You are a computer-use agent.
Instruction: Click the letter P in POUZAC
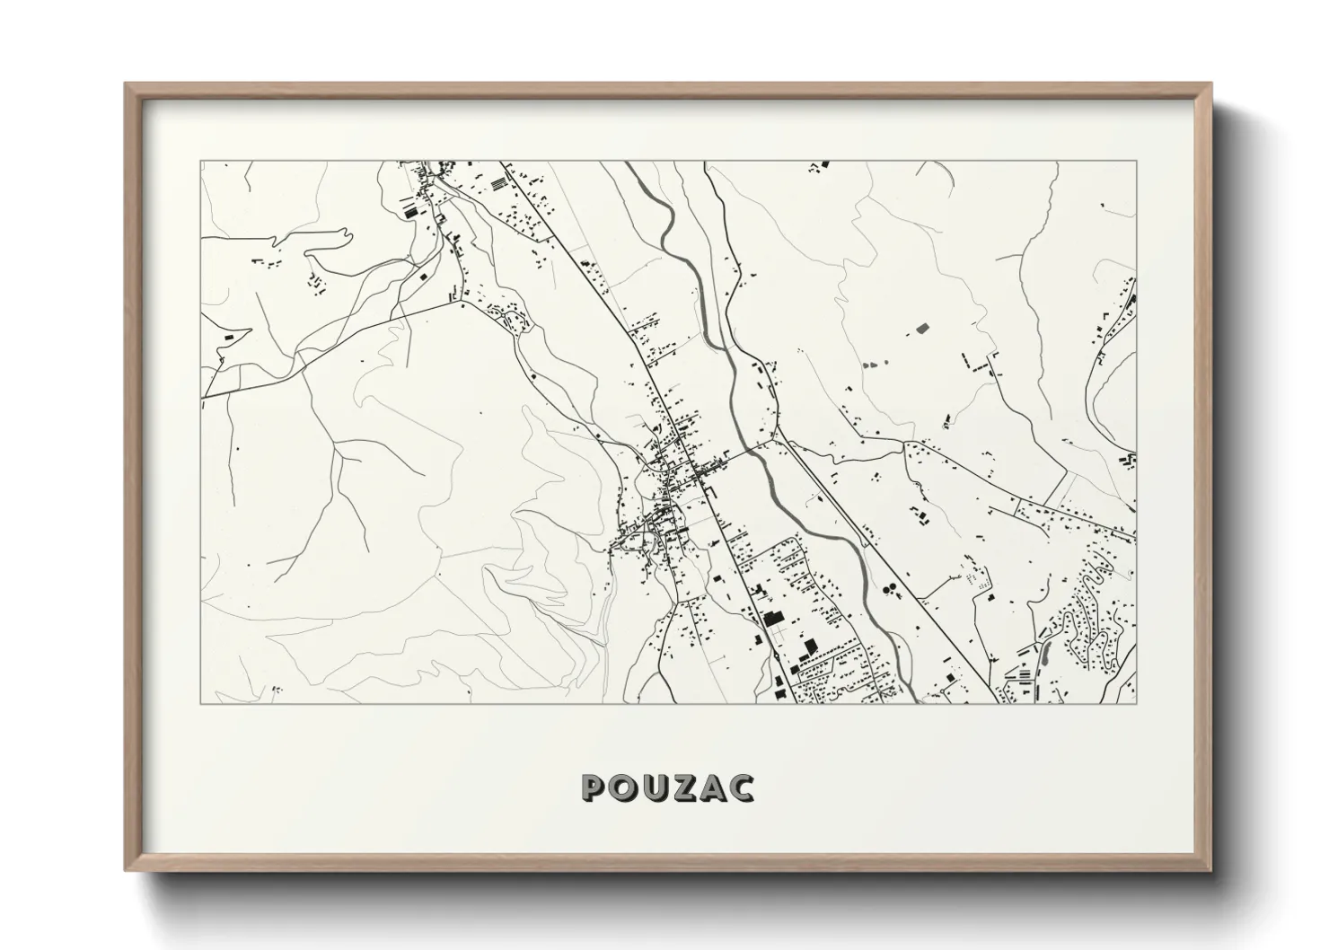point(594,787)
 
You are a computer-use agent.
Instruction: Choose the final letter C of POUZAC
point(741,787)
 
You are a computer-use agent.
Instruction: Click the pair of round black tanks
point(890,590)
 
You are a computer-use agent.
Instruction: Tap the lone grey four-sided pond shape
point(922,329)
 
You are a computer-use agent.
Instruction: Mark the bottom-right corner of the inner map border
point(1136,703)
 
